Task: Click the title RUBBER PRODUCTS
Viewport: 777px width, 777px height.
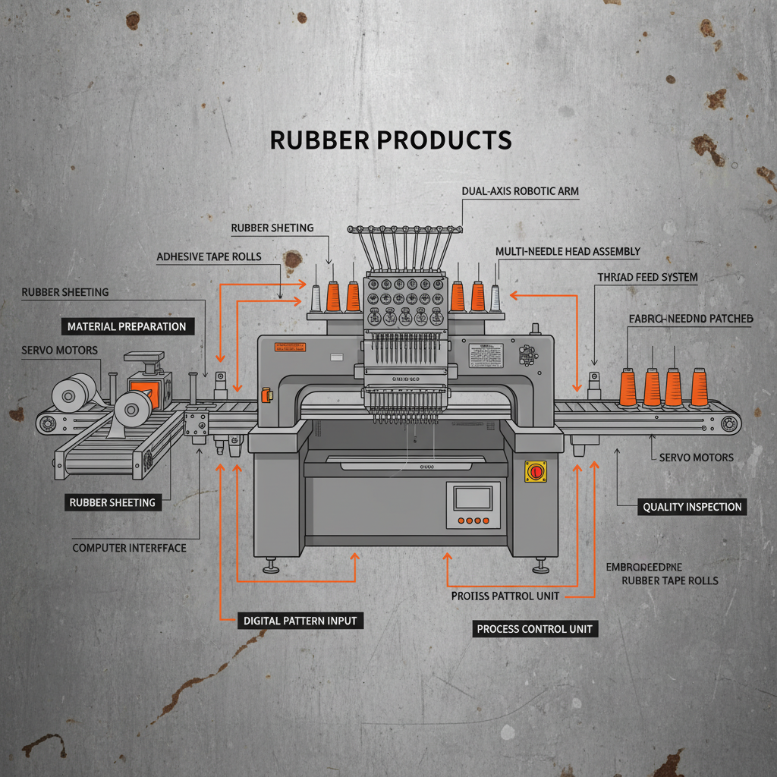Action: pos(391,140)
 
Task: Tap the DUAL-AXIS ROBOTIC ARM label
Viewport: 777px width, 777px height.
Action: pos(520,192)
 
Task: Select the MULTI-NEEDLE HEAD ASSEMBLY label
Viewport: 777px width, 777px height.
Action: pos(568,251)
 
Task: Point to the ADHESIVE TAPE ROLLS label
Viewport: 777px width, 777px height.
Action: pos(209,256)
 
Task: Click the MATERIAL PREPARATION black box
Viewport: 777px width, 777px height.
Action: pos(127,326)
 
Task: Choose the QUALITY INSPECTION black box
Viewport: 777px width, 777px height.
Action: pos(692,507)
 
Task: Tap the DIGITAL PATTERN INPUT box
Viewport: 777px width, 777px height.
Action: pos(300,621)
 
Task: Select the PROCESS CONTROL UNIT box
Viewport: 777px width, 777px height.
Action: pos(534,628)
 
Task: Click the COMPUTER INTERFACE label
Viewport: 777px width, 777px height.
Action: pos(129,547)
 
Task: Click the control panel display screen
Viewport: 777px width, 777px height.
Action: pos(473,498)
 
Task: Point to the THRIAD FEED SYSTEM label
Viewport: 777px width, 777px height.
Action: pos(646,278)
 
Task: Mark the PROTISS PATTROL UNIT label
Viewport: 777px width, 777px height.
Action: pos(505,596)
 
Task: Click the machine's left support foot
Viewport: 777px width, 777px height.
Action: pos(271,567)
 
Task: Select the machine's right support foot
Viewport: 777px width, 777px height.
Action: pos(540,567)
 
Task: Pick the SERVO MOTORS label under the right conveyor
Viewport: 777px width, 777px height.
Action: pos(696,458)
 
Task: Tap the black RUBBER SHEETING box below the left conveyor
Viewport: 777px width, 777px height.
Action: pos(112,502)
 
